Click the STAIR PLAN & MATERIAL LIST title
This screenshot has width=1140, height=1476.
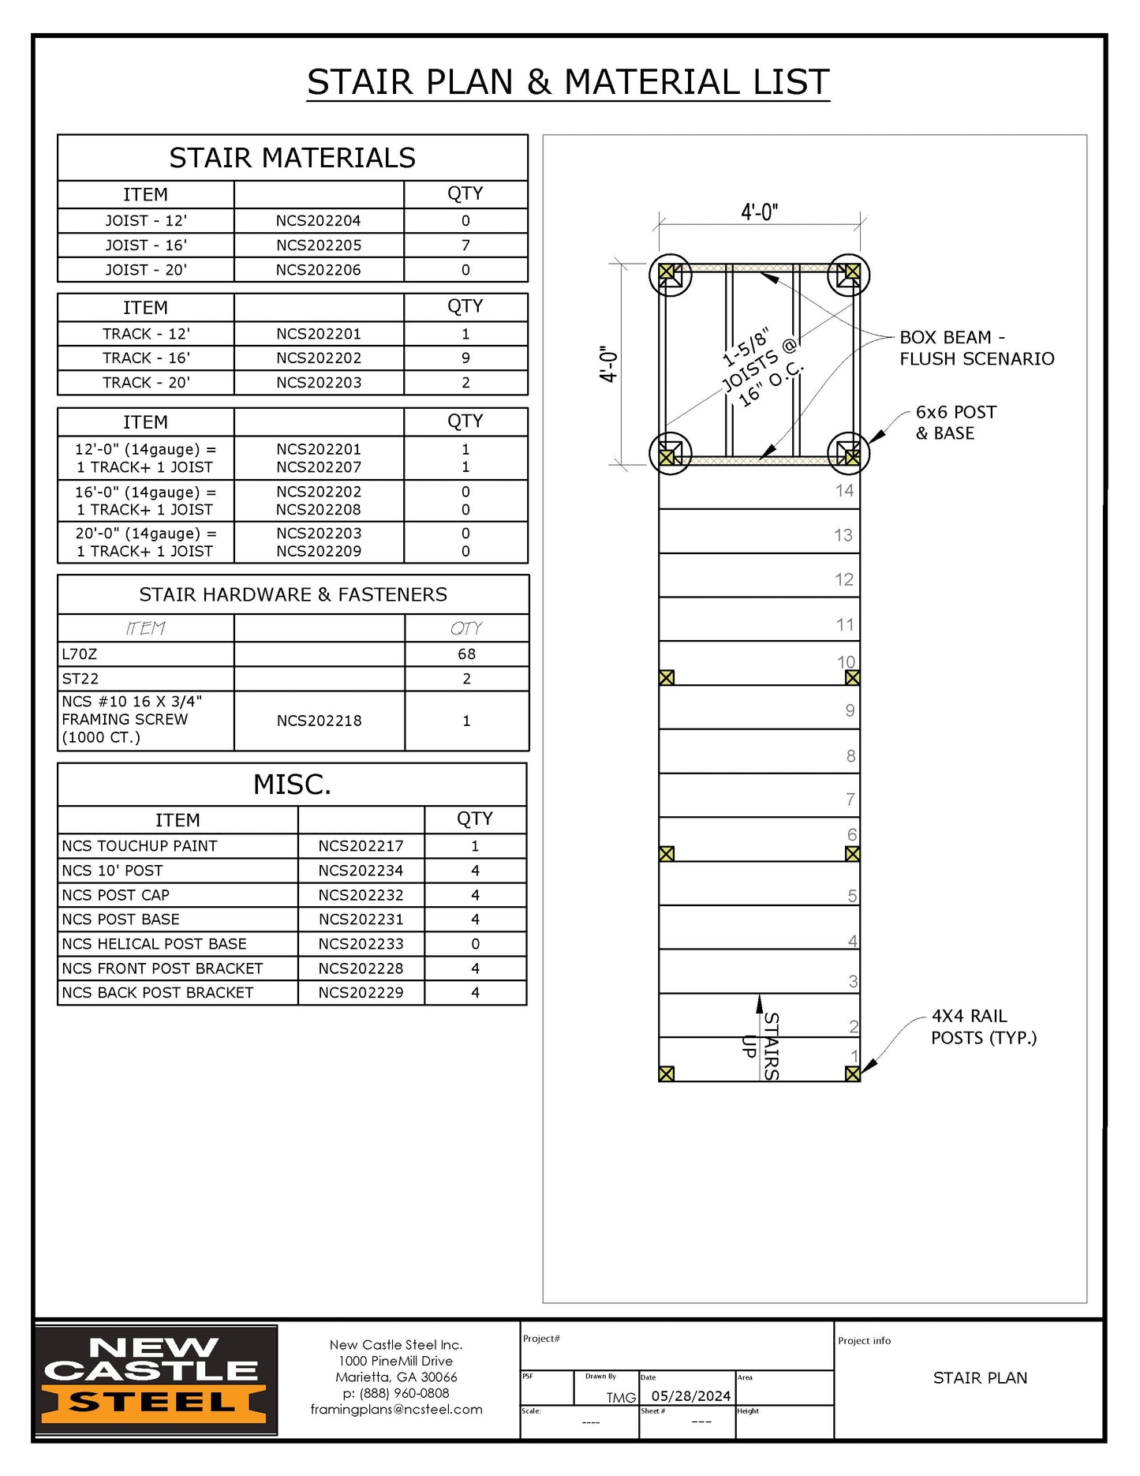pos(568,82)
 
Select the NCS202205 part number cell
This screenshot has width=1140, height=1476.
pos(319,245)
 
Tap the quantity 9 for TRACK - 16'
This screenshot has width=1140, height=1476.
pos(465,358)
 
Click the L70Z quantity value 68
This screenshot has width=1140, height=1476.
pos(466,654)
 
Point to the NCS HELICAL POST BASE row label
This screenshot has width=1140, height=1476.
pos(155,944)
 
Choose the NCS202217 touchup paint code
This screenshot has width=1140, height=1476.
pos(361,846)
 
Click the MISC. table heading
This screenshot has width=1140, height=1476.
pos(292,785)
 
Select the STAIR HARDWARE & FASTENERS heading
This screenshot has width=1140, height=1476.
pos(293,594)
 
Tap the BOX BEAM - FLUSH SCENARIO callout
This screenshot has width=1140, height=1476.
pos(976,348)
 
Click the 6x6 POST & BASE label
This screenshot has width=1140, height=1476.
pos(955,422)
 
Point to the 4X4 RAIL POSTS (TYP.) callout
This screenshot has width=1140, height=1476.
pos(983,1027)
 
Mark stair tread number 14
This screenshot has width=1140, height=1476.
pos(844,491)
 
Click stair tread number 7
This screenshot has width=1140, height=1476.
pos(850,800)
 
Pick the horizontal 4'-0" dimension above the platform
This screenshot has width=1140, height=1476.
pos(759,212)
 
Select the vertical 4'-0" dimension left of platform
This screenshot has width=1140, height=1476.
pos(608,364)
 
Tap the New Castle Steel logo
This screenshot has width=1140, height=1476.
pos(155,1380)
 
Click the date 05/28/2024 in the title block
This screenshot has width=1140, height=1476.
pos(690,1396)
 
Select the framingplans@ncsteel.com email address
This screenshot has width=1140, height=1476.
pos(396,1410)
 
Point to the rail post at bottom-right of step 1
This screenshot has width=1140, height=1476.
pos(852,1073)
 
